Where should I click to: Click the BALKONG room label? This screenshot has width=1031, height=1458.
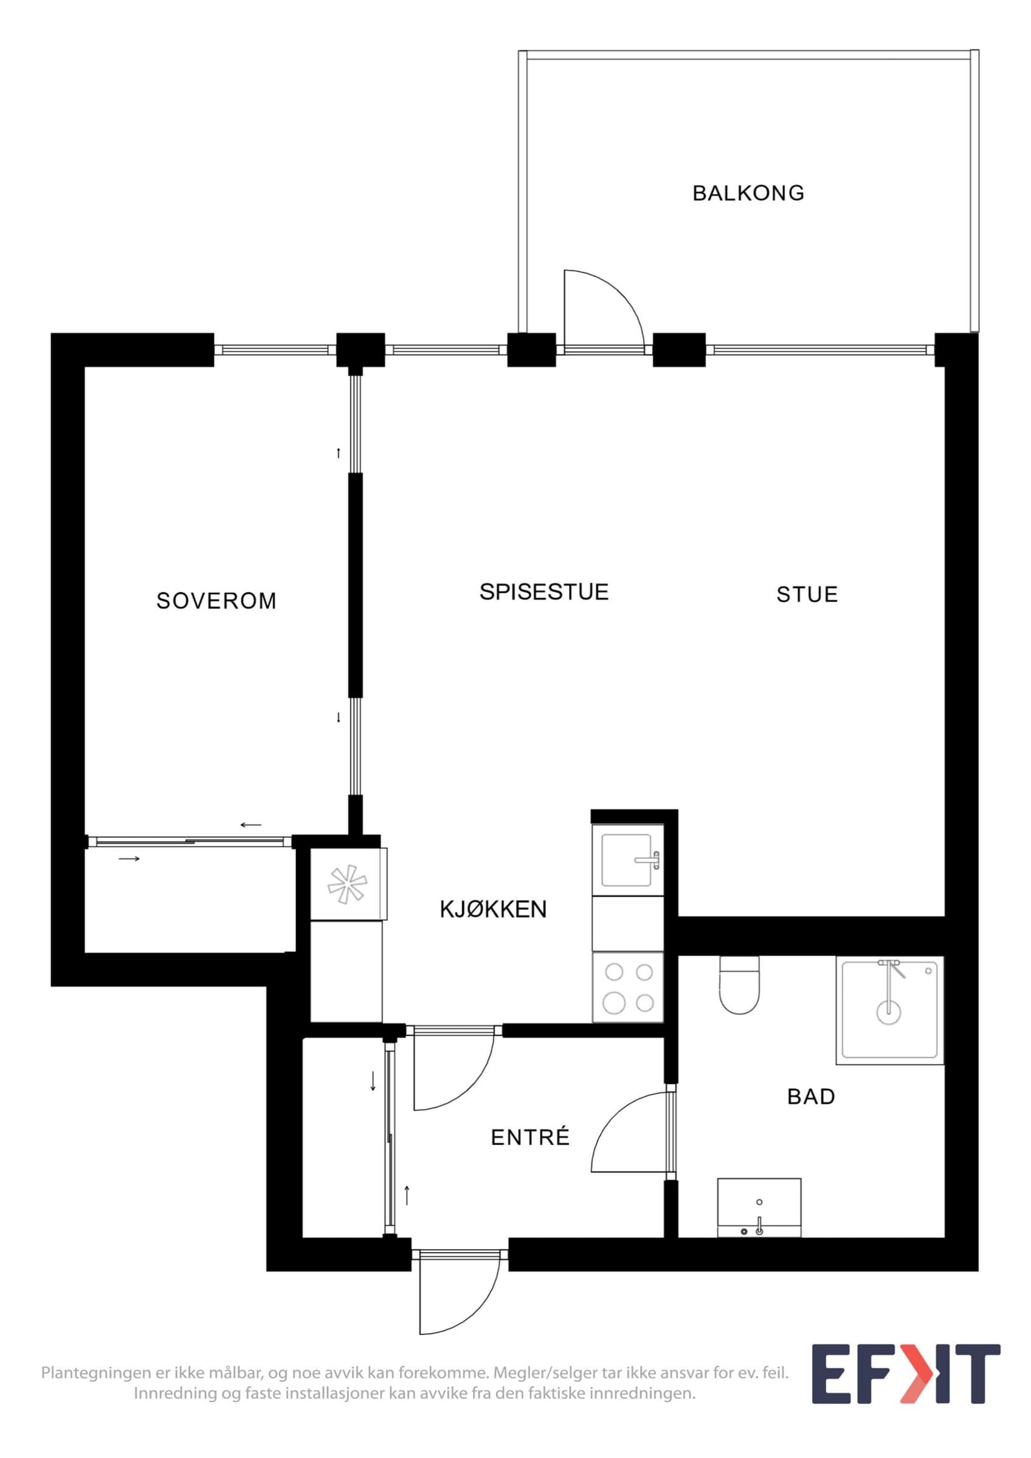[x=748, y=193]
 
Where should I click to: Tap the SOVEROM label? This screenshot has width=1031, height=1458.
[x=216, y=601]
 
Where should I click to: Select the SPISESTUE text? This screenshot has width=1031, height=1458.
[x=544, y=592]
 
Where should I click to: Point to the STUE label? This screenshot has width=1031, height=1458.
[x=807, y=594]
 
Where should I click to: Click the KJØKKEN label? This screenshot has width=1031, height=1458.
[x=493, y=909]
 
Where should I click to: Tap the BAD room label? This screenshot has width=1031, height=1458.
[x=810, y=1097]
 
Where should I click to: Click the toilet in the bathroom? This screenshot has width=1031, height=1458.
[x=739, y=985]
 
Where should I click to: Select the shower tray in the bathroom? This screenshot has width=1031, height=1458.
[x=889, y=1010]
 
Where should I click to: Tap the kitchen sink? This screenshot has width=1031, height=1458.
[x=627, y=860]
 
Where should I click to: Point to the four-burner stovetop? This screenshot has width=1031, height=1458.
[x=627, y=987]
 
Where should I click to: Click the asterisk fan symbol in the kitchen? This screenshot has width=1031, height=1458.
[x=347, y=884]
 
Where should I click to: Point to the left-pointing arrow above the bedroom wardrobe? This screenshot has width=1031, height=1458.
[x=251, y=826]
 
